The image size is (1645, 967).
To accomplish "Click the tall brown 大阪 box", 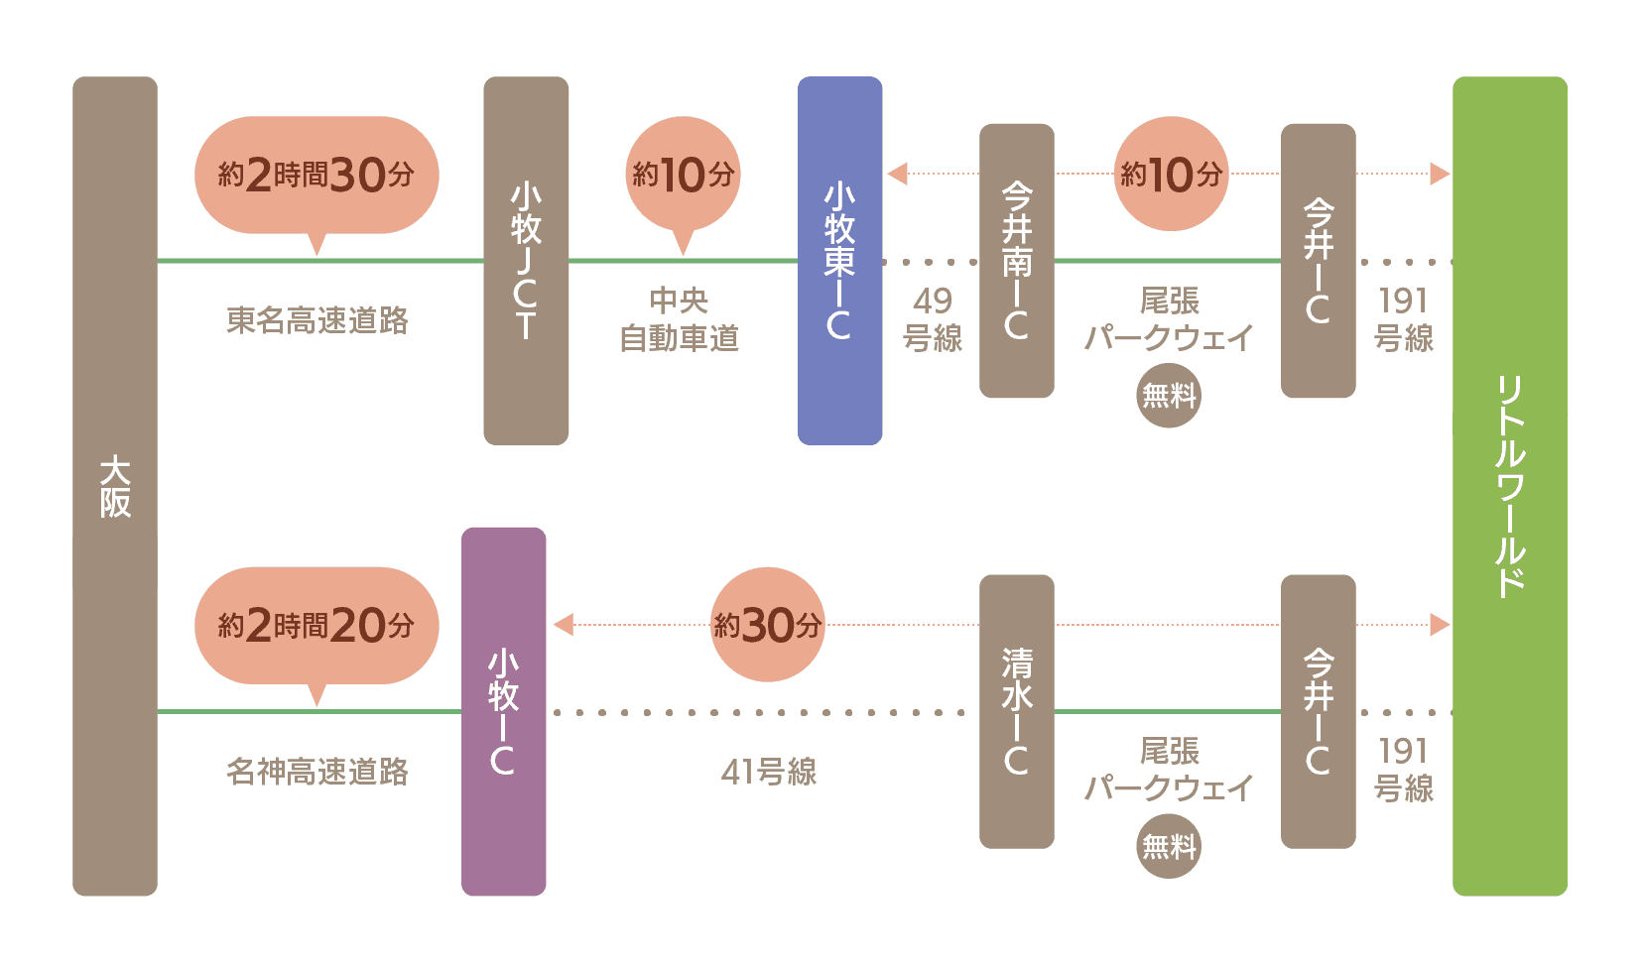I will [x=115, y=486].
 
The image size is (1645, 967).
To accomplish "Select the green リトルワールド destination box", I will [x=1509, y=486].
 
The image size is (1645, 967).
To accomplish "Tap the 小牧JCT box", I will [x=526, y=260].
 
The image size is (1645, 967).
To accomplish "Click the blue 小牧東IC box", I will [x=839, y=260].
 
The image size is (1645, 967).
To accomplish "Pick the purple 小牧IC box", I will [x=503, y=711].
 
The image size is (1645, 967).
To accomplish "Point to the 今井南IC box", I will [x=1016, y=260].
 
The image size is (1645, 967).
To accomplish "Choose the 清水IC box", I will [x=1016, y=711].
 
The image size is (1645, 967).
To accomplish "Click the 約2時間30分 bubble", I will [x=316, y=176].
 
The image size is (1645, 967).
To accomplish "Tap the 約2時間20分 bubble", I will [x=316, y=626].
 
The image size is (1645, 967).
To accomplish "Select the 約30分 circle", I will [x=768, y=625].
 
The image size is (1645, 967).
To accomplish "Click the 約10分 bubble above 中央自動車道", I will [x=683, y=176].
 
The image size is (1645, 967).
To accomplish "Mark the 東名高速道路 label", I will [x=317, y=320].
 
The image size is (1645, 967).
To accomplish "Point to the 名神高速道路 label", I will [x=317, y=772].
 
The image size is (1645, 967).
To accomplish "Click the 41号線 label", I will [x=769, y=772].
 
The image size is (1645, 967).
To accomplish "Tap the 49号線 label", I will [x=932, y=319].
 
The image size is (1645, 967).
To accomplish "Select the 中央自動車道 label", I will [x=680, y=319].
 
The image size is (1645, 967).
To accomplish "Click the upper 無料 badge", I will [x=1169, y=396].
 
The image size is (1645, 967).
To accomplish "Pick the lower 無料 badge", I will [x=1169, y=846].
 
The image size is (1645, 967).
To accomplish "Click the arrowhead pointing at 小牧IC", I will [x=564, y=625].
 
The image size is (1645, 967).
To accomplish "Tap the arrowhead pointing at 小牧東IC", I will [x=898, y=174].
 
